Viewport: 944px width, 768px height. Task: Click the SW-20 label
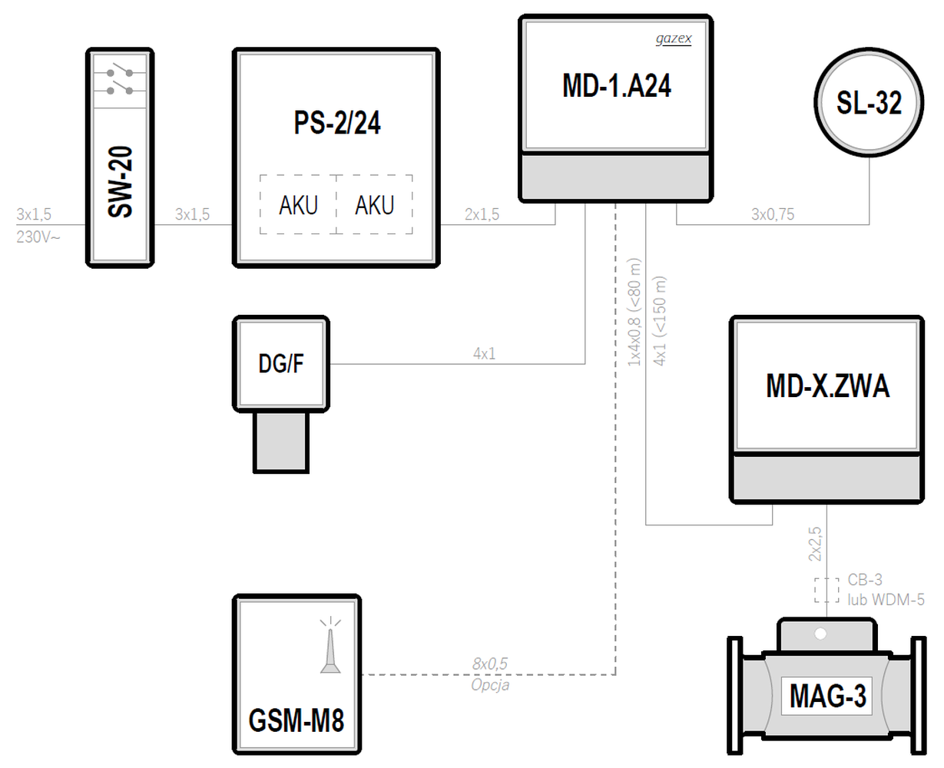(x=121, y=182)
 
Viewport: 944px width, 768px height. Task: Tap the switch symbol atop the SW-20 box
(x=119, y=81)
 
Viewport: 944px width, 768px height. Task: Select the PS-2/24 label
(x=337, y=123)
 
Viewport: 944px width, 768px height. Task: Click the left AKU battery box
(x=299, y=205)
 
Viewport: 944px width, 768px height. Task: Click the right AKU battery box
(x=375, y=205)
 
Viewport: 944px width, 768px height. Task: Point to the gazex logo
(x=674, y=39)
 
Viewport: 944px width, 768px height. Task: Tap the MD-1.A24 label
(x=617, y=86)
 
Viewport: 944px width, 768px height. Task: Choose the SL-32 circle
(x=869, y=102)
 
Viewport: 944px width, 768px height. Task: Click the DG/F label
(x=281, y=363)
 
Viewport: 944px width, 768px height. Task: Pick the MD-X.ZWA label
(x=827, y=386)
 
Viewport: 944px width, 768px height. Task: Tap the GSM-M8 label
(x=296, y=720)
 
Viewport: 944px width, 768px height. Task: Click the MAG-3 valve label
(x=827, y=696)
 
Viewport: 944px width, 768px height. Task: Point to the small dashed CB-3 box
(x=826, y=590)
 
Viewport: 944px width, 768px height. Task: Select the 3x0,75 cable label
(x=773, y=215)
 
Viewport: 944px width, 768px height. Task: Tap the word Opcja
(x=490, y=684)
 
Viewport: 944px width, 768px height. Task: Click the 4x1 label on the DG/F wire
(x=484, y=354)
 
